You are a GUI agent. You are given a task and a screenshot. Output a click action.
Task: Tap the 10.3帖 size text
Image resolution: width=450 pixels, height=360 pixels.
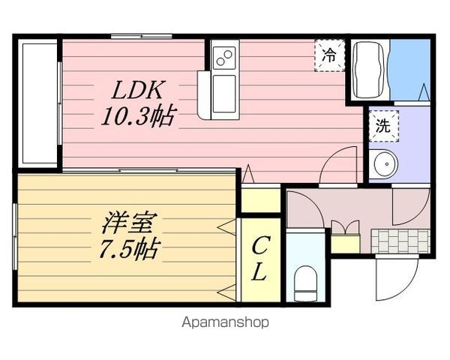pyautogui.click(x=139, y=115)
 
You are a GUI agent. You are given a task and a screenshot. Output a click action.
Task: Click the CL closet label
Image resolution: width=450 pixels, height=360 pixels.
pyautogui.click(x=259, y=259)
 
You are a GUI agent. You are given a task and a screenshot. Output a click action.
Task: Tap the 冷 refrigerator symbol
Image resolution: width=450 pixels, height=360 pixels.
pyautogui.click(x=329, y=55)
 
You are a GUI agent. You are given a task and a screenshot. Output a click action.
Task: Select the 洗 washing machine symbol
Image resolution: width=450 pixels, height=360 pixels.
pyautogui.click(x=382, y=126)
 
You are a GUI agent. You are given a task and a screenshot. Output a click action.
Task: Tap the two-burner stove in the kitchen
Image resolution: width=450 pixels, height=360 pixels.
pyautogui.click(x=224, y=57)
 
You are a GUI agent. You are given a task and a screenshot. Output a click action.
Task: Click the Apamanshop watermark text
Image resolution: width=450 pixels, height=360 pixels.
pyautogui.click(x=224, y=323)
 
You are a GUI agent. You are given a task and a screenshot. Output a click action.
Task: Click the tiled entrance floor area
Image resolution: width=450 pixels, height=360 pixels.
pyautogui.click(x=400, y=241)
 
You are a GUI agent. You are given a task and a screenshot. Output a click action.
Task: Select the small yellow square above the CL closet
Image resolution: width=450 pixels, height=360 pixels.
pyautogui.click(x=259, y=200)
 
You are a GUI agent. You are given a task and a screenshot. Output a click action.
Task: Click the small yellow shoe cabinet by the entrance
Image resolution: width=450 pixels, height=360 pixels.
pyautogui.click(x=344, y=241)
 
